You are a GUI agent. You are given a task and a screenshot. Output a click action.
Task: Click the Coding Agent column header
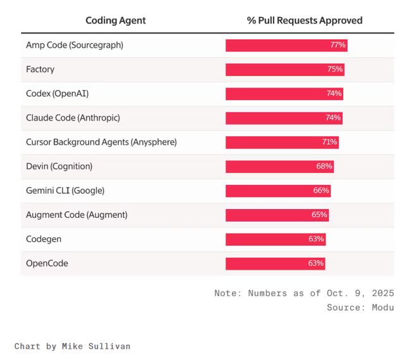pos(116,20)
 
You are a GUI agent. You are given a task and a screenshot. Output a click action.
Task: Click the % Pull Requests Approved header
pos(305,20)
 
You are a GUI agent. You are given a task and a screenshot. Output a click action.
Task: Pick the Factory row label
pos(40,69)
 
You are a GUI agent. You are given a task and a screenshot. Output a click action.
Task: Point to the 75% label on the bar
pos(335,69)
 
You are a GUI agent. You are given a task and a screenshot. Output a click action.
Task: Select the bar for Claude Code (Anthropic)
pos(284,118)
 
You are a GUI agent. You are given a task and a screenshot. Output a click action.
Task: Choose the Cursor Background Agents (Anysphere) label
pos(101,142)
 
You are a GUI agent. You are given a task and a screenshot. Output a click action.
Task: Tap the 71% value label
pos(329,142)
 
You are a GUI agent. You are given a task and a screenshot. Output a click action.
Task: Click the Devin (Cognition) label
pos(59,166)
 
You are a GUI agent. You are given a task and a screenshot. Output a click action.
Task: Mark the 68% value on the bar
pos(324,166)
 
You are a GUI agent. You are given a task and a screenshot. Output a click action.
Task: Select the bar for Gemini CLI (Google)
pos(278,191)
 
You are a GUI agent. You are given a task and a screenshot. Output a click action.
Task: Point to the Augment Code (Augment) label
pos(76,215)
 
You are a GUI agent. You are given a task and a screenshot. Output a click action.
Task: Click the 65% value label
pos(319,215)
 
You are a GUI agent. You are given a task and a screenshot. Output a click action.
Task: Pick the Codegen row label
pos(44,239)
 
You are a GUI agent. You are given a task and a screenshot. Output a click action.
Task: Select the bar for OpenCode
pos(275,263)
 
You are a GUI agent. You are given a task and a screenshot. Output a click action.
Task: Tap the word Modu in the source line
pos(381,307)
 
